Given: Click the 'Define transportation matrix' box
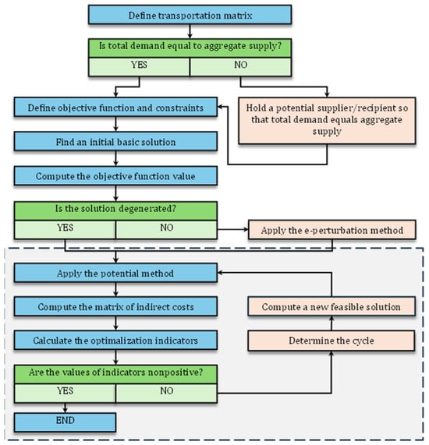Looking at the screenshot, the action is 190,15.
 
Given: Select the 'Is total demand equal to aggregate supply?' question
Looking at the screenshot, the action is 190,48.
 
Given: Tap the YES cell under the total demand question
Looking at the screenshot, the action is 139,67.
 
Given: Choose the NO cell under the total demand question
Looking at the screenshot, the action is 241,67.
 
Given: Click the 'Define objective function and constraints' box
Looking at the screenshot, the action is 115,108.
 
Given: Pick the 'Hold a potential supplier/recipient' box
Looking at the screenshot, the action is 327,121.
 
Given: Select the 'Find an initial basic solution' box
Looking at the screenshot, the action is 115,141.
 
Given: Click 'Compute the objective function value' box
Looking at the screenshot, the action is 115,176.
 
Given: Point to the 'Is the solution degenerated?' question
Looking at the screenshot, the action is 115,211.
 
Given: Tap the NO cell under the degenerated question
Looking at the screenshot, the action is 166,230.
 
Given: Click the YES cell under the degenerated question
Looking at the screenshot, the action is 65,230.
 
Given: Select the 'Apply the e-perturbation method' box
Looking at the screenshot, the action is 332,230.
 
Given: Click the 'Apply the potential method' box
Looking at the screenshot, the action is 115,273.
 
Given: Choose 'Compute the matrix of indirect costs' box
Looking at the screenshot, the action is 115,306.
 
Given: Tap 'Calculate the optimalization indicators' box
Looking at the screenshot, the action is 115,340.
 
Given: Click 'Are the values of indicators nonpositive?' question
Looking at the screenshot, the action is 115,374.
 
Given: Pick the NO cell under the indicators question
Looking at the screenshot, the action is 166,394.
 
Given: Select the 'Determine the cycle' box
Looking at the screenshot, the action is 331,341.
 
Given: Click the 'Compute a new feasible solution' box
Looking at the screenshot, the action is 331,306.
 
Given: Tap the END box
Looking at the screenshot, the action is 65,422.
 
